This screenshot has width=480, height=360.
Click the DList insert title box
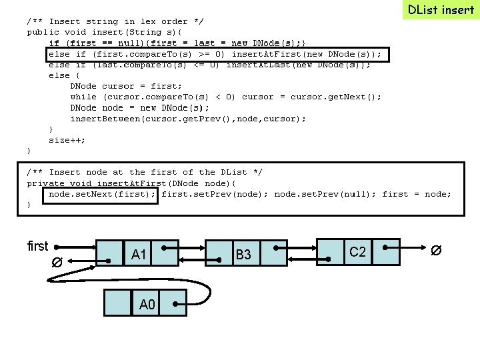pos(441,9)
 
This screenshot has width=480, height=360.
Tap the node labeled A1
pos(139,254)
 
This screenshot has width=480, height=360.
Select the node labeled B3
pos(243,254)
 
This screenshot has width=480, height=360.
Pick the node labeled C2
pos(358,251)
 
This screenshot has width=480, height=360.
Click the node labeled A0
pos(147,304)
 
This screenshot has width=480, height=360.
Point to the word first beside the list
pos(38,246)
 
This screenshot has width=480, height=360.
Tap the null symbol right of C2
pos(435,251)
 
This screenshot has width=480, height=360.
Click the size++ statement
pos(67,140)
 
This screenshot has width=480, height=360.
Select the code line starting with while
pos(225,97)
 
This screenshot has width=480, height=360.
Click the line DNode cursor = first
pos(126,86)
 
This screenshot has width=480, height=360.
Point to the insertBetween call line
pos(188,119)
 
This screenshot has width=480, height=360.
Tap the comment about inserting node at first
pos(145,172)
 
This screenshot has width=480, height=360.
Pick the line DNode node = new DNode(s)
pos(139,108)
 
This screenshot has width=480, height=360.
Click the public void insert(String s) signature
pos(107,32)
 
